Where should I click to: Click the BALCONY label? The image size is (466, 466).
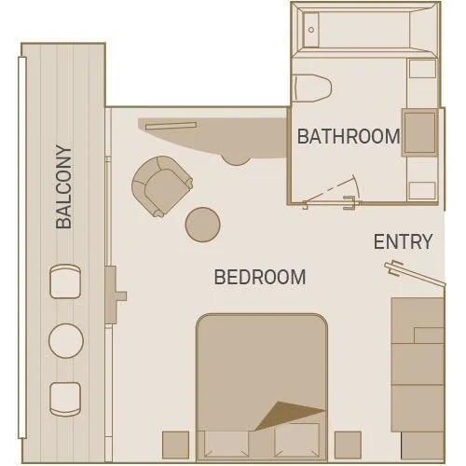point(64,187)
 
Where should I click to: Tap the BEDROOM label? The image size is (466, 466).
point(260,277)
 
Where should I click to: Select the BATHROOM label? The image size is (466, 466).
point(349,136)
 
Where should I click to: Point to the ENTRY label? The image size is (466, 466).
point(404,241)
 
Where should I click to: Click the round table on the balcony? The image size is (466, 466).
point(66,341)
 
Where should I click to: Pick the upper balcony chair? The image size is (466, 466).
point(65,281)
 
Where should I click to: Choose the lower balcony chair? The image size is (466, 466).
point(65,399)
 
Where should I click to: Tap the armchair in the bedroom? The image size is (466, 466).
point(161,185)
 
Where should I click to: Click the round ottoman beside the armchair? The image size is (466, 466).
point(203,225)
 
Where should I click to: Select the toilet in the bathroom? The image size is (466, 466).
point(313,88)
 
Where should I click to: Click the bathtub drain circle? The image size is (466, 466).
point(311,30)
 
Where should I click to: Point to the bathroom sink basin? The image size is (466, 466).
point(420,132)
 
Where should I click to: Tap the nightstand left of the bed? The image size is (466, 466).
point(175,445)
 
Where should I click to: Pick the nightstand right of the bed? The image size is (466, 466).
point(348,445)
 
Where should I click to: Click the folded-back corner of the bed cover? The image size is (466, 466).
point(289,415)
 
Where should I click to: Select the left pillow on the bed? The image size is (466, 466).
point(226,445)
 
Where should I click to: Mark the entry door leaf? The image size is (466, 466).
point(415,273)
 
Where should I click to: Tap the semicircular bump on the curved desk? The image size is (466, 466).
point(236,160)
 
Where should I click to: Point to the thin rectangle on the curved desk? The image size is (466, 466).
point(171,126)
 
